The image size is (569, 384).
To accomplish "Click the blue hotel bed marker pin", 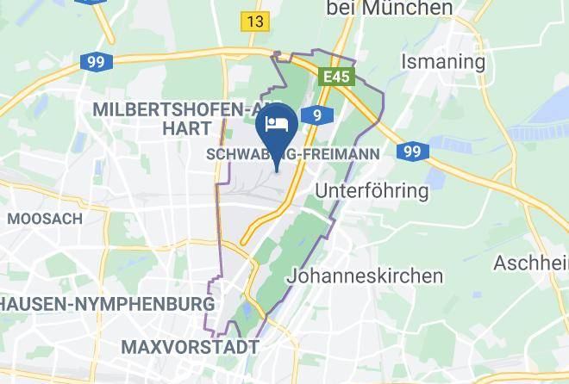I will tap(278, 126).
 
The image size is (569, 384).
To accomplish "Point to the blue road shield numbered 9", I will tap(318, 115).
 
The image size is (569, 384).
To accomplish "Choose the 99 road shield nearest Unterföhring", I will tap(413, 152).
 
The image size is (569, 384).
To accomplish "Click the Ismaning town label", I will tap(443, 62).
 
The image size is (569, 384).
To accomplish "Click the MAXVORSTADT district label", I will tap(190, 347).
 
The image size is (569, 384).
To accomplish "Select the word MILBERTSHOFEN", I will tap(169, 109).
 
